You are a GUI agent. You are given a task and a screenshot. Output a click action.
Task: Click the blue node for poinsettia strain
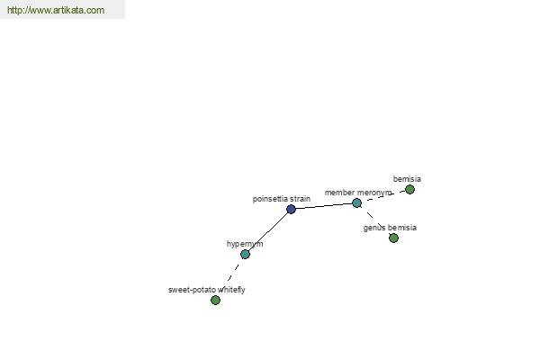[291, 209]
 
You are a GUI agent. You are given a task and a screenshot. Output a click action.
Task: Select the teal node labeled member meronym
[356, 203]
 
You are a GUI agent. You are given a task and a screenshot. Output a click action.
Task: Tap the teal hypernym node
[245, 254]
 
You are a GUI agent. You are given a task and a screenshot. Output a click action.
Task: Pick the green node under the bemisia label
[409, 190]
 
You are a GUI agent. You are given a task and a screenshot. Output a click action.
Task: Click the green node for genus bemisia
[393, 238]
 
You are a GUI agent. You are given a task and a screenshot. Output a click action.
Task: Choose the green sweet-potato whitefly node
[216, 301]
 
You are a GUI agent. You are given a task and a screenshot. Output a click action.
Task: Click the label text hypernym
[245, 244]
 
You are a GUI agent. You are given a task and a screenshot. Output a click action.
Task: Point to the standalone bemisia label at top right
[407, 179]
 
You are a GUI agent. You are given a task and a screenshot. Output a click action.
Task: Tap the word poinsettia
[270, 199]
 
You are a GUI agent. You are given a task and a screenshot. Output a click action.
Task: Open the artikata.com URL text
[56, 10]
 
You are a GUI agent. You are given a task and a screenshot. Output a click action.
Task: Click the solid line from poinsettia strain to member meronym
[324, 206]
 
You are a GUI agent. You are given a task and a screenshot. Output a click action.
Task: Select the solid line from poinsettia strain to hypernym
[268, 231]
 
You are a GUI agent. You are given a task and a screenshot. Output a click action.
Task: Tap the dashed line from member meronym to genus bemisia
[374, 220]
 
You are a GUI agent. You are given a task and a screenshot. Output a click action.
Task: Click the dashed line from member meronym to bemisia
[383, 196]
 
